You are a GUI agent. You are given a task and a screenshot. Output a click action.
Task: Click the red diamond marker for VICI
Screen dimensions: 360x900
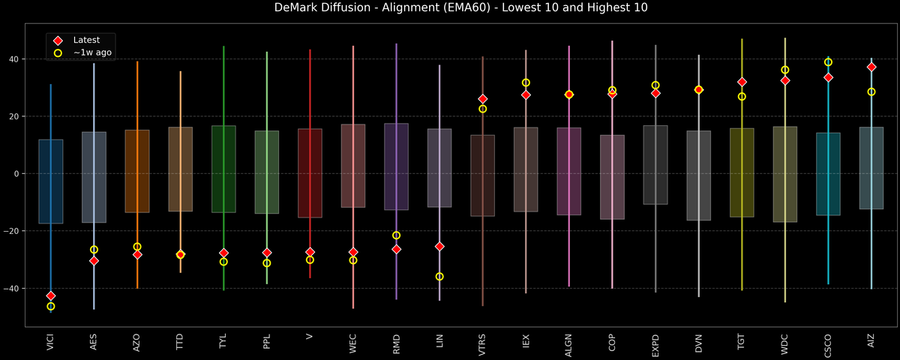pyautogui.click(x=51, y=296)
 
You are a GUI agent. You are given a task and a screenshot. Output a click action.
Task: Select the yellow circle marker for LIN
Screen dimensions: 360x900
pyautogui.click(x=439, y=277)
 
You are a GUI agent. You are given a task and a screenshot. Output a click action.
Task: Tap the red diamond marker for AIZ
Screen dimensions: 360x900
pyautogui.click(x=871, y=67)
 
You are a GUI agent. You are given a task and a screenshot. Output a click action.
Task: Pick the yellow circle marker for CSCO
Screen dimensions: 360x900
pyautogui.click(x=828, y=62)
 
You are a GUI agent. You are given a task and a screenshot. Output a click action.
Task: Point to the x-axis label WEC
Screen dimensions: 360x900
pyautogui.click(x=353, y=343)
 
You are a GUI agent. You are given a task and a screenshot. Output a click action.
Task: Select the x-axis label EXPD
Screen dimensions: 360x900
pyautogui.click(x=655, y=344)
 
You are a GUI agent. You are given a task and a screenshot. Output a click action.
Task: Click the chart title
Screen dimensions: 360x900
pyautogui.click(x=450, y=8)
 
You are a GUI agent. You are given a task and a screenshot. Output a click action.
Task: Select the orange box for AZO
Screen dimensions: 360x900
pyautogui.click(x=137, y=171)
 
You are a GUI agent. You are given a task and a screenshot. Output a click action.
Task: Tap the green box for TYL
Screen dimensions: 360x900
pyautogui.click(x=223, y=169)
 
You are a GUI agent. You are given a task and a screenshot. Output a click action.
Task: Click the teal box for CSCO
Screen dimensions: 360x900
pyautogui.click(x=828, y=174)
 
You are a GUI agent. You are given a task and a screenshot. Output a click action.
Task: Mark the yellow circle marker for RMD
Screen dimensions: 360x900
pyautogui.click(x=396, y=235)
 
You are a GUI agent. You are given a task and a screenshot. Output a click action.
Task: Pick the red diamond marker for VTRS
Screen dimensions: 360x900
pyautogui.click(x=483, y=99)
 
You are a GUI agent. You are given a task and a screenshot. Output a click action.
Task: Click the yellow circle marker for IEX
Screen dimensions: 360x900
pyautogui.click(x=526, y=82)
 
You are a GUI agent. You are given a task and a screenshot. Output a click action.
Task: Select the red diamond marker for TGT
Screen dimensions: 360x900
pyautogui.click(x=742, y=82)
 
